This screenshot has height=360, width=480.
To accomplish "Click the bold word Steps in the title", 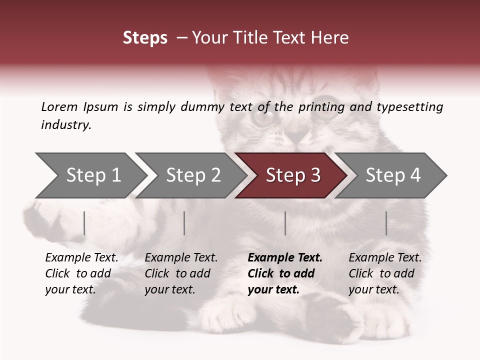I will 145,38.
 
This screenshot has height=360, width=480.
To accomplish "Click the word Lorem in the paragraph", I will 59,106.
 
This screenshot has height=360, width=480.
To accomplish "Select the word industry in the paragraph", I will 65,124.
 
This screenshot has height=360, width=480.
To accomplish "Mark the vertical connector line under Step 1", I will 84,223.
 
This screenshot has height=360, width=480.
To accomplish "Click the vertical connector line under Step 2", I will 184,223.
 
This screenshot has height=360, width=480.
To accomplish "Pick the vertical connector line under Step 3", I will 285,223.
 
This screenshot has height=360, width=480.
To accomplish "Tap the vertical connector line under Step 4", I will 386,223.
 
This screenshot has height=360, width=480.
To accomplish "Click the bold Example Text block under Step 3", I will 285,273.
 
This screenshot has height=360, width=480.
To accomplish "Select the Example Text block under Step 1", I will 81,273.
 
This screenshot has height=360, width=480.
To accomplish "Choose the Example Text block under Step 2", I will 181,273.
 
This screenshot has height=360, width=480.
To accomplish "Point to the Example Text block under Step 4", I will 385,273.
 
